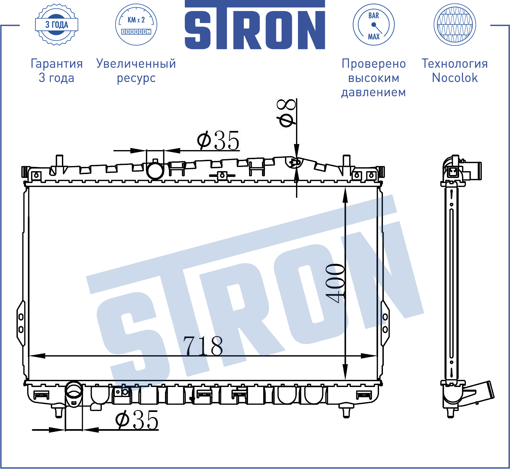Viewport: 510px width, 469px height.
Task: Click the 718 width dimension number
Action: coord(203,346)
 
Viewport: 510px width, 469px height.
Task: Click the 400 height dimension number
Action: coord(335,283)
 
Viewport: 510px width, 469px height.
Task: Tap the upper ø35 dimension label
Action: coord(218,141)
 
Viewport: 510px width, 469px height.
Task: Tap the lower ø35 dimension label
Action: coord(137,420)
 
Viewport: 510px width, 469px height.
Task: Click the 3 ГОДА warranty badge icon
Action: coord(57,25)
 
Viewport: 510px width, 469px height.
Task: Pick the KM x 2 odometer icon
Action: coord(136,25)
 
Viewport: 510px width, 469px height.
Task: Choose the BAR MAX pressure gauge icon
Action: coord(374,25)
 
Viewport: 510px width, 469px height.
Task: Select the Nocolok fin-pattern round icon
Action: coord(455,25)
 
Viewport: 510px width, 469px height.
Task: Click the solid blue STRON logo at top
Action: coord(255,25)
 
